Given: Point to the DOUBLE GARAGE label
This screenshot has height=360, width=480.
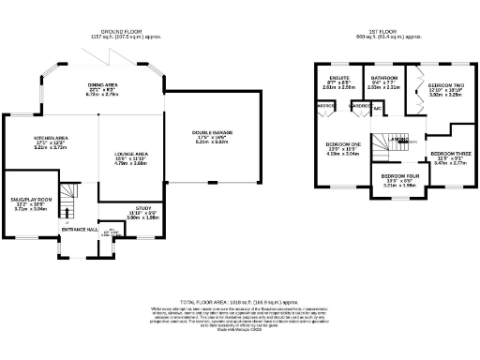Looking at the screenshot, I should pos(208,133).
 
